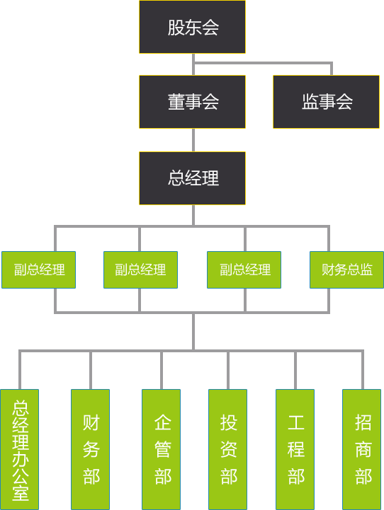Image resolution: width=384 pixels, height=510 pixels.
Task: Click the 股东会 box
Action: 192,27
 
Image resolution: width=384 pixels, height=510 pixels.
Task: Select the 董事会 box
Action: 192,102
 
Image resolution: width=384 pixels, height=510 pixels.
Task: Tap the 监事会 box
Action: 326,102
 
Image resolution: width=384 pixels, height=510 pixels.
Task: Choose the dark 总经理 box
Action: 192,178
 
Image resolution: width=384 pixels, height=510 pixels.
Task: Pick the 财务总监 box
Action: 346,270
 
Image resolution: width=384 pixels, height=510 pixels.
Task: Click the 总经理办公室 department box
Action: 20,449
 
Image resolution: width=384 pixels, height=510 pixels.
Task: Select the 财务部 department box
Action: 90,449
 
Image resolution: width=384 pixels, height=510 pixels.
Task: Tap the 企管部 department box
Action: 162,449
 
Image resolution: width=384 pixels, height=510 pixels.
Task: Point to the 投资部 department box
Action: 227,449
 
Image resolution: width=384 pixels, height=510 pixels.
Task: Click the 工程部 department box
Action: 295,449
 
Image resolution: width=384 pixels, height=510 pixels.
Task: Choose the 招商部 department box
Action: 362,449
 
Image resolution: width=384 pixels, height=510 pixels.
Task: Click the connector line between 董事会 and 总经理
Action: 193,140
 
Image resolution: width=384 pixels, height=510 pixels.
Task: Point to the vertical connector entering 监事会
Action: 332,69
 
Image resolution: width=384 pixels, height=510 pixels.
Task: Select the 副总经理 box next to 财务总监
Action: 244,270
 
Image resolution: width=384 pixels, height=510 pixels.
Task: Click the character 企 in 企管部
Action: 162,422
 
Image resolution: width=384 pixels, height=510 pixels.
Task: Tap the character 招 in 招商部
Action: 363,422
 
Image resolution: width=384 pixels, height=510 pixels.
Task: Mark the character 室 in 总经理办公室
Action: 21,493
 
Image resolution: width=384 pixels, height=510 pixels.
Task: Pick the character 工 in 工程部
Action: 296,422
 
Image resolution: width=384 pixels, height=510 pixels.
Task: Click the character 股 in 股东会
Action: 176,28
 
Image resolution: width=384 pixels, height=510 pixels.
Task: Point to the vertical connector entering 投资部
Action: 228,370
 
